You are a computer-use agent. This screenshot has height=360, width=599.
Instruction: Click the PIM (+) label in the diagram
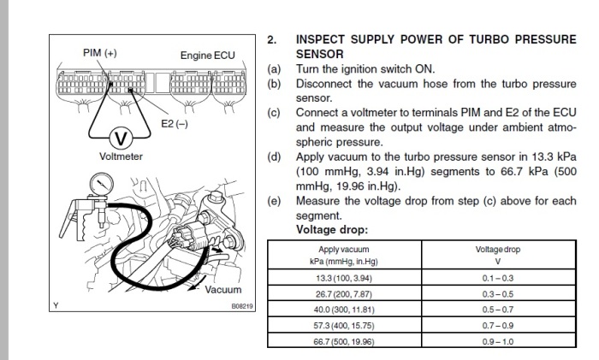pyautogui.click(x=100, y=53)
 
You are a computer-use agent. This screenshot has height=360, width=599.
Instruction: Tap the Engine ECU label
pyautogui.click(x=207, y=56)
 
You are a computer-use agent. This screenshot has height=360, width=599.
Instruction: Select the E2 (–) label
pyautogui.click(x=175, y=124)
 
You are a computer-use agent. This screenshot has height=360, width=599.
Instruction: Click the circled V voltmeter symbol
pyautogui.click(x=122, y=138)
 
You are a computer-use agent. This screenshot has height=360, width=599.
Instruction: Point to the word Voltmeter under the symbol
pyautogui.click(x=122, y=156)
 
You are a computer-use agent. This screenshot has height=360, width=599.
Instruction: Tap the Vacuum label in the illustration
pyautogui.click(x=224, y=290)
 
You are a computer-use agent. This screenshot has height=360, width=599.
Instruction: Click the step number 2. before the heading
pyautogui.click(x=272, y=40)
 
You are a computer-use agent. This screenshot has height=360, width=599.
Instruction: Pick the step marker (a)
pyautogui.click(x=273, y=68)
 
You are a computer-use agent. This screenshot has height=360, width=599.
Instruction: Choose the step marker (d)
pyautogui.click(x=273, y=156)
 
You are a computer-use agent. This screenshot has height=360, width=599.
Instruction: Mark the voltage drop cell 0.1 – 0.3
pyautogui.click(x=499, y=278)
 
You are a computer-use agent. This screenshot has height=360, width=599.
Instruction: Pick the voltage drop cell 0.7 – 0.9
pyautogui.click(x=499, y=326)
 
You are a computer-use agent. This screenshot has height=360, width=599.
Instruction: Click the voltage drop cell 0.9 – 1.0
pyautogui.click(x=499, y=341)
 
